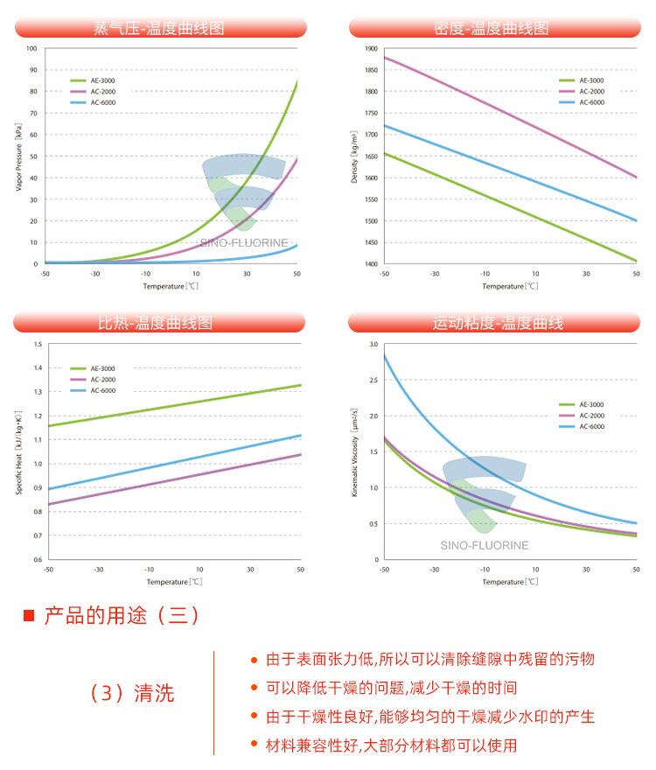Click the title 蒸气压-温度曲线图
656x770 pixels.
tap(159, 28)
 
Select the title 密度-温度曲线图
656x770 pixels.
tap(491, 28)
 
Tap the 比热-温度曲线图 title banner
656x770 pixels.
tap(155, 323)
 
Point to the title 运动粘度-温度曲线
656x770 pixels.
tap(498, 323)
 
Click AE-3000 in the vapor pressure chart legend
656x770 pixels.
tap(102, 80)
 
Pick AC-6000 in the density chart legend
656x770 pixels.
tap(591, 102)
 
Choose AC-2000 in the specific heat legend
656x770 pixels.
tap(103, 380)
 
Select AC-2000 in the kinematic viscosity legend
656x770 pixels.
tap(591, 416)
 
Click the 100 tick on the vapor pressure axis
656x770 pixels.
tap(31, 49)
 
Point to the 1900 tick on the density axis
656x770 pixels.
tap(372, 49)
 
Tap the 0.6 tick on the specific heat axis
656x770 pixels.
tap(38, 559)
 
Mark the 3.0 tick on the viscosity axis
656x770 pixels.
tap(373, 344)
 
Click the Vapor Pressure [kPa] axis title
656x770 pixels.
tap(18, 157)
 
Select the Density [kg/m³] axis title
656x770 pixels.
tap(354, 157)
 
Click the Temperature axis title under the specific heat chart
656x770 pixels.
tap(174, 582)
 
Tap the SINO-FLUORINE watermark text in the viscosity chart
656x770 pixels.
tap(485, 546)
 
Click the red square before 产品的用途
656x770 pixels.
tap(29, 615)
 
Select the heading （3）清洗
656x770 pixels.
tap(131, 693)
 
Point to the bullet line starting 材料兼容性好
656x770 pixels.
tap(391, 745)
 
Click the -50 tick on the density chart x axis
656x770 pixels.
tap(385, 274)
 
